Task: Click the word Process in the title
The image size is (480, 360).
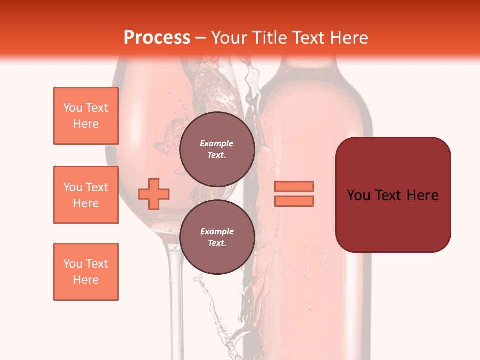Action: (x=157, y=37)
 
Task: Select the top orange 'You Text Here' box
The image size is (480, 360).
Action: (x=86, y=116)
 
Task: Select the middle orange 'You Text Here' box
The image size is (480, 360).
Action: (x=86, y=195)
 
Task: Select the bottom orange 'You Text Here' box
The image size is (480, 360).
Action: (x=86, y=272)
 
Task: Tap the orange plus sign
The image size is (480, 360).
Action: (x=154, y=194)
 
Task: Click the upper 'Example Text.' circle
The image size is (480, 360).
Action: (x=217, y=149)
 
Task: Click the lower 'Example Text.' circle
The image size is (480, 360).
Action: (x=217, y=237)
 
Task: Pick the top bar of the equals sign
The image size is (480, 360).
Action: (x=294, y=186)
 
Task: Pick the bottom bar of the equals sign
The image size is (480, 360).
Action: (x=294, y=201)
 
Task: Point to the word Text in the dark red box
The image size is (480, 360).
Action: (x=390, y=195)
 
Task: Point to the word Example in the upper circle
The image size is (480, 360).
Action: (x=217, y=143)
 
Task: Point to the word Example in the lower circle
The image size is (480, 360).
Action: (x=217, y=231)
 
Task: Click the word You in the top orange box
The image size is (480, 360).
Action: (x=73, y=108)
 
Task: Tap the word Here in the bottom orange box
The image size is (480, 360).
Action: (x=86, y=280)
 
